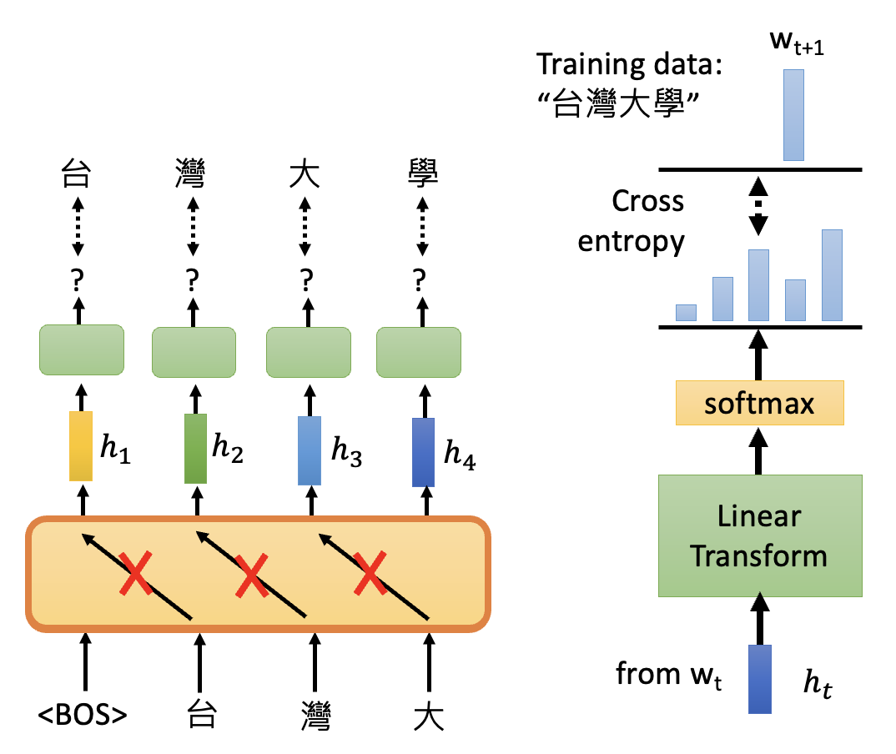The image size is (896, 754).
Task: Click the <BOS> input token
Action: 83,715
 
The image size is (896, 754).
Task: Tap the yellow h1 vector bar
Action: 80,445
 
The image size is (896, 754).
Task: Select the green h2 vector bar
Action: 196,449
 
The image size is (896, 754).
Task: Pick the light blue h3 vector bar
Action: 310,450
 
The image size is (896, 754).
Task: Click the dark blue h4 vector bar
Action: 425,451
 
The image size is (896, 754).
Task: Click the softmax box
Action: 759,404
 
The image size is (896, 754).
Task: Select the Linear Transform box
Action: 759,535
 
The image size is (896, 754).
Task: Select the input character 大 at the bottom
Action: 429,715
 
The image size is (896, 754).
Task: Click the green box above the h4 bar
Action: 419,351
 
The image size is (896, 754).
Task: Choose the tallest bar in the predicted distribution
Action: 832,274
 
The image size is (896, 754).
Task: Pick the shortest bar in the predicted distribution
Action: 686,312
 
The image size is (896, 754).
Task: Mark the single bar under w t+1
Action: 793,114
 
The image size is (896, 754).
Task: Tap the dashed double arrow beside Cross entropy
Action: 758,205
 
